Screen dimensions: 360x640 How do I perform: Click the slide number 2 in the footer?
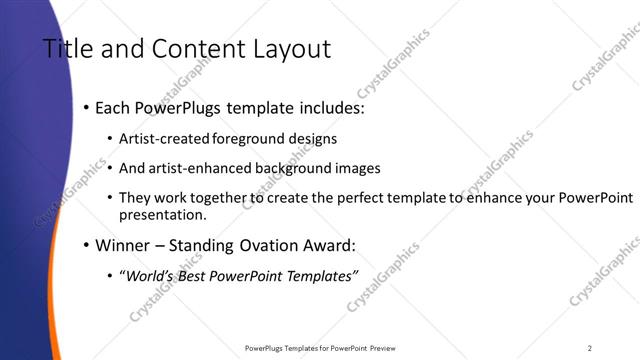click(590, 348)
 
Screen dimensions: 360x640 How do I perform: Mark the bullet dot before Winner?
click(86, 244)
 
